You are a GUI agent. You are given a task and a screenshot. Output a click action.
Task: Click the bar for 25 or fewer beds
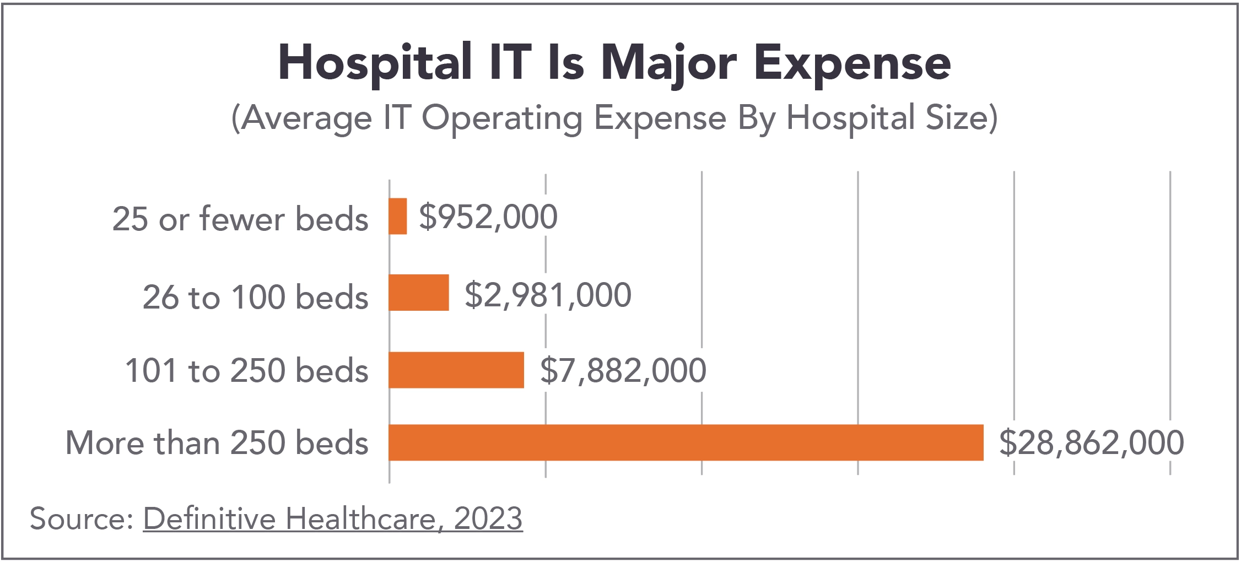click(398, 217)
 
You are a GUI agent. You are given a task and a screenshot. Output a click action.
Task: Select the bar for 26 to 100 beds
click(419, 293)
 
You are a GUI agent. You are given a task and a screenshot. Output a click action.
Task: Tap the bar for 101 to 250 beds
click(456, 370)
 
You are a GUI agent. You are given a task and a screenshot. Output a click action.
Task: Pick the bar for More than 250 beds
click(686, 442)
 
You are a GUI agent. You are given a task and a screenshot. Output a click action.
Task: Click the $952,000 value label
click(488, 217)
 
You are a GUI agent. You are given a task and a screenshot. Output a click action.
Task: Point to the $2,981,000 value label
click(548, 295)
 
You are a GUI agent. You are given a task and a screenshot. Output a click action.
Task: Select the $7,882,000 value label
click(623, 370)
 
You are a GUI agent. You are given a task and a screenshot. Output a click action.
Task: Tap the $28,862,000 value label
click(1091, 442)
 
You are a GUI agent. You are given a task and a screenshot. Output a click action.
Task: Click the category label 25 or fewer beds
click(240, 219)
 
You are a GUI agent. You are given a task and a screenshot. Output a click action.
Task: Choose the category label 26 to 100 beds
click(255, 298)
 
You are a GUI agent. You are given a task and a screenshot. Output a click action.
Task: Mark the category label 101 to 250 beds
click(246, 370)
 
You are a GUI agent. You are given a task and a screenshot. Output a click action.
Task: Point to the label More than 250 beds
click(217, 443)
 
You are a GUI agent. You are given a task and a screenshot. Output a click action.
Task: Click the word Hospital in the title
click(375, 63)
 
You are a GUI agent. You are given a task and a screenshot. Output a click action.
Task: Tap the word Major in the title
click(669, 63)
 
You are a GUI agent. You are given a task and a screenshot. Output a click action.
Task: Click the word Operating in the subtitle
click(501, 118)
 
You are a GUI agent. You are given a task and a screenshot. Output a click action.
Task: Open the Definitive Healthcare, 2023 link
click(333, 518)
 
